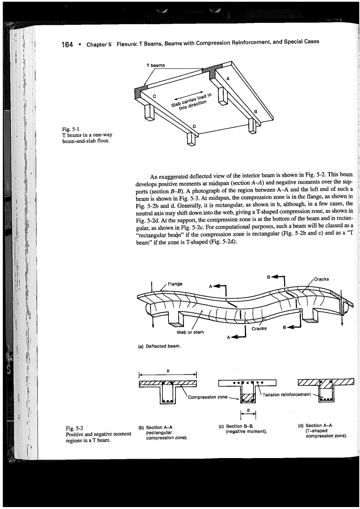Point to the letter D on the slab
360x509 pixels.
pyautogui.click(x=195, y=126)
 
